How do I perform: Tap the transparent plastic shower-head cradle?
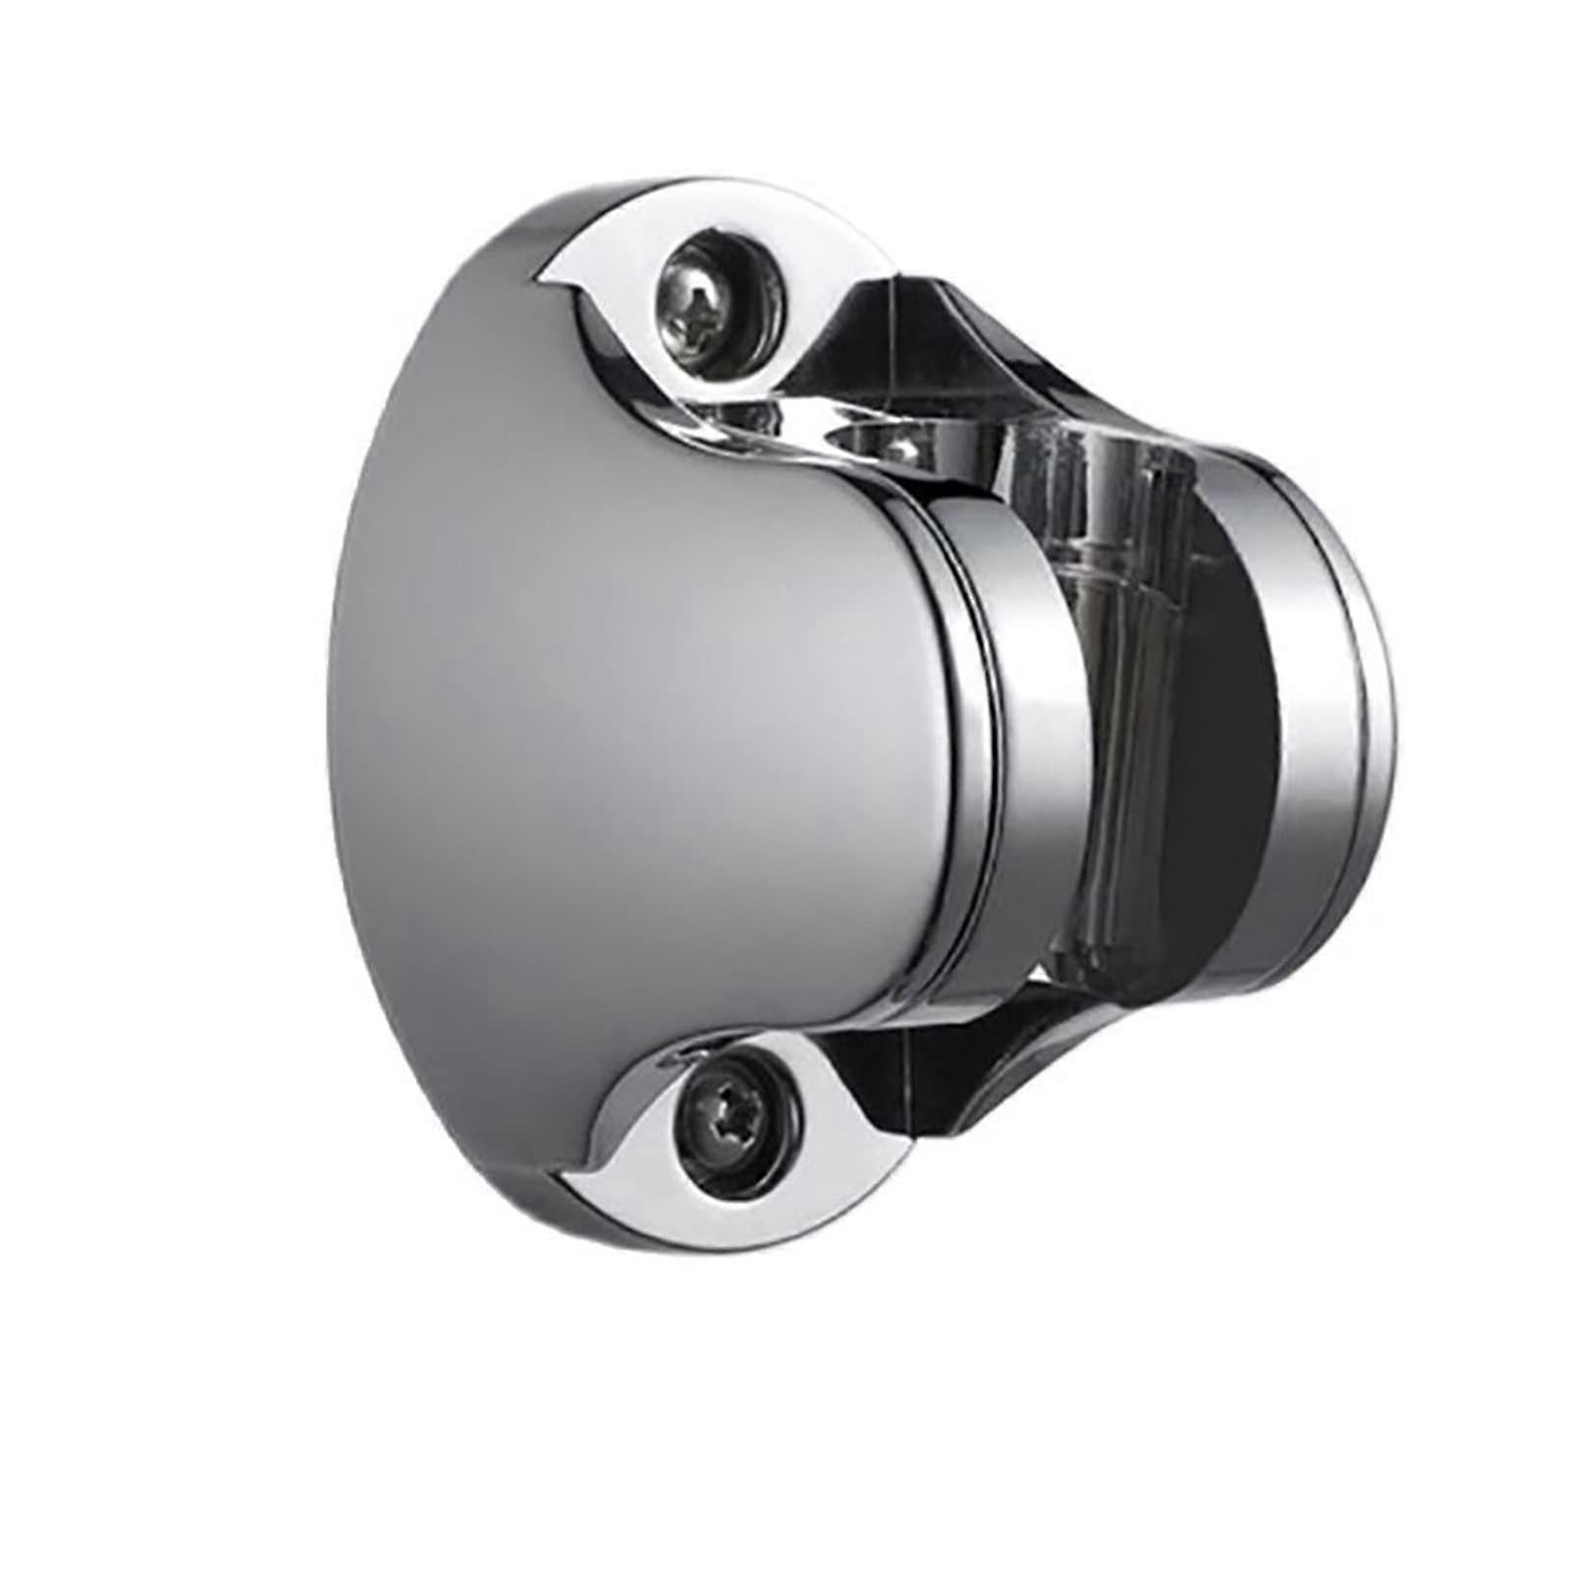tap(1129, 687)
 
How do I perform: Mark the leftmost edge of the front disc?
tap(330, 687)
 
